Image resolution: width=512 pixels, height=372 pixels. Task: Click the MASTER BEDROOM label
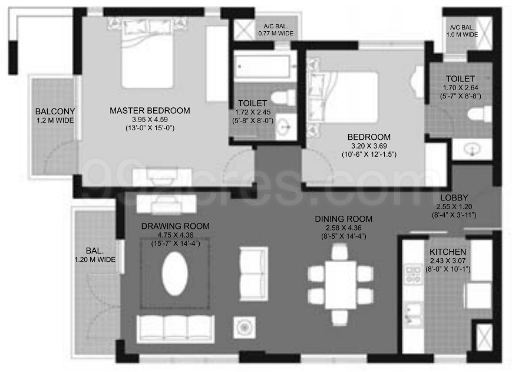150,110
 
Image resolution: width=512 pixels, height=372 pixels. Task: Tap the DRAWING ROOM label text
175,226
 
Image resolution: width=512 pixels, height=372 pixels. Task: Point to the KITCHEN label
448,251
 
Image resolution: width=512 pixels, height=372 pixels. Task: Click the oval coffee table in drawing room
177,274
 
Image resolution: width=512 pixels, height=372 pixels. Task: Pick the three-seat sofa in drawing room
175,329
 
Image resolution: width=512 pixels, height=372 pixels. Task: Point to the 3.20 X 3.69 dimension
368,146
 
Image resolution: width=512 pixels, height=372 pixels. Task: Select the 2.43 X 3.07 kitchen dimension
448,261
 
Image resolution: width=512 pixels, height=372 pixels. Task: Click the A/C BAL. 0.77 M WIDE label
276,30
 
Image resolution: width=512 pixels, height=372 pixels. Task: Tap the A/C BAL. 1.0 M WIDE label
462,31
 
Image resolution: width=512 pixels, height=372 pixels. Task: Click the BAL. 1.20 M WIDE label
94,255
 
